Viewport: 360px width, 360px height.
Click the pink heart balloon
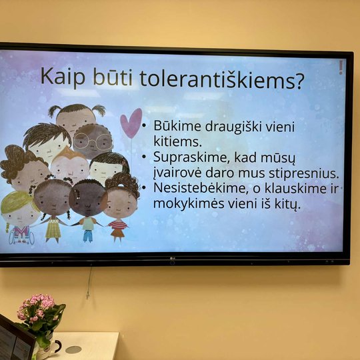point(131,123)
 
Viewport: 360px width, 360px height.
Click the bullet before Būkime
point(144,125)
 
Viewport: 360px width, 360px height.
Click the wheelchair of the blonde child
point(21,237)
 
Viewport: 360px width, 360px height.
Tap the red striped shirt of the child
point(117,225)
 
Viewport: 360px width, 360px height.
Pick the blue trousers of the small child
point(88,236)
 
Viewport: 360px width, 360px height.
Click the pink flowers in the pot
point(36,307)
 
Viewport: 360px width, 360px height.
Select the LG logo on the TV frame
point(172,259)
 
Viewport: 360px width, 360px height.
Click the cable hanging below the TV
point(89,283)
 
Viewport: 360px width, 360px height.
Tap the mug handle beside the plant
point(57,347)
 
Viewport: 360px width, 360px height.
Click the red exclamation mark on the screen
point(341,67)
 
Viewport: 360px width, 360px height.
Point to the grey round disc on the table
point(73,349)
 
